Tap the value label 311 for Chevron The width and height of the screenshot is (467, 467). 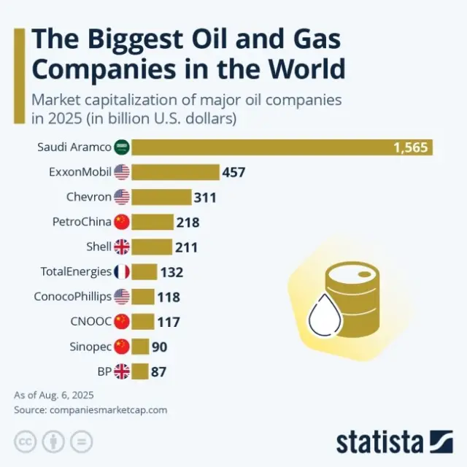tap(205, 197)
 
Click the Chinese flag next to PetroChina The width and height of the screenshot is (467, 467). tap(122, 222)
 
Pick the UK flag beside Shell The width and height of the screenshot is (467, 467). tap(122, 247)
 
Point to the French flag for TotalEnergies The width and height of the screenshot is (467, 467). tap(122, 272)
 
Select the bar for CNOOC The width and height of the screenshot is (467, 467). tap(144, 322)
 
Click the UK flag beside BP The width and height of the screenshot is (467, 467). tap(122, 371)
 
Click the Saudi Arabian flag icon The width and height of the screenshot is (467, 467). tap(122, 147)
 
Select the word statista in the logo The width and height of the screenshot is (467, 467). tap(379, 442)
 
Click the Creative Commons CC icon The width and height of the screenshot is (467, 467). tap(26, 441)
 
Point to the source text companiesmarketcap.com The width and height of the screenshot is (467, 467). tap(108, 409)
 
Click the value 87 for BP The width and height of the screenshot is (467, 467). tap(158, 372)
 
